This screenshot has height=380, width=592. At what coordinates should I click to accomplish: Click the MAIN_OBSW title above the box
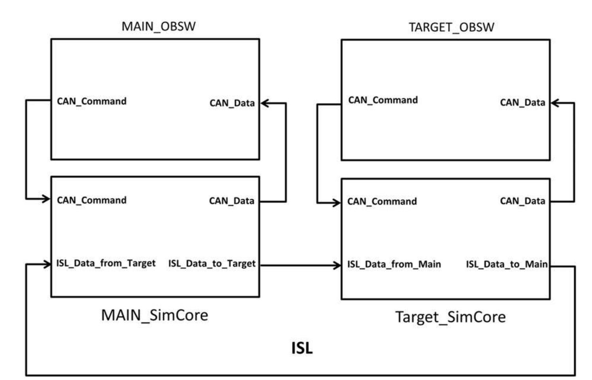tap(158, 26)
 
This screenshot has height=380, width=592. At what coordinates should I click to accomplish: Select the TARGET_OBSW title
tap(451, 27)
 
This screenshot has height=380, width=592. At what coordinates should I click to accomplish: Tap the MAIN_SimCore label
tap(155, 315)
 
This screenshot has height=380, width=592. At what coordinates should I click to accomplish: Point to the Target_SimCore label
tap(451, 317)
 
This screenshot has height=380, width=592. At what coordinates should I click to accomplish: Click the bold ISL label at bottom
tap(302, 348)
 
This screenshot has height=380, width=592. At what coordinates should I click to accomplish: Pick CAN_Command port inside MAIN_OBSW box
tap(92, 102)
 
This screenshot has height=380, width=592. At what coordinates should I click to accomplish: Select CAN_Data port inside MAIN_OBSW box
tap(232, 103)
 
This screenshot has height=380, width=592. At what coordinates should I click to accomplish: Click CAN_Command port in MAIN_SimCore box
tap(92, 200)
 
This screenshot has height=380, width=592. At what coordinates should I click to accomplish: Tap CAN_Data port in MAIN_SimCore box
tap(232, 201)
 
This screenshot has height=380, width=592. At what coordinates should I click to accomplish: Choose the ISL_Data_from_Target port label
tap(106, 263)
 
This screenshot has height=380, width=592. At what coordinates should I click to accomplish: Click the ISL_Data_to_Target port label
tap(212, 264)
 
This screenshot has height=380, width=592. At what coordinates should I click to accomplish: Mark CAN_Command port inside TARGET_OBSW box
tap(383, 100)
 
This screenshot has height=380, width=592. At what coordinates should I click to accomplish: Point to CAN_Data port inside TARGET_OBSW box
tap(522, 103)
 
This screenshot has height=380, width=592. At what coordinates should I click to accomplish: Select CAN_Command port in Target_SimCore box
tap(382, 202)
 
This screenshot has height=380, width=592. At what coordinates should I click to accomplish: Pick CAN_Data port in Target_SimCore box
tap(522, 201)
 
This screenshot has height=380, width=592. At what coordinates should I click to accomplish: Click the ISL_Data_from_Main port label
tap(394, 264)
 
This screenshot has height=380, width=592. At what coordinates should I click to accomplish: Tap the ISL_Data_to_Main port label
tap(507, 264)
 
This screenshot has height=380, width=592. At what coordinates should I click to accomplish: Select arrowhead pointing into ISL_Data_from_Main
tap(337, 265)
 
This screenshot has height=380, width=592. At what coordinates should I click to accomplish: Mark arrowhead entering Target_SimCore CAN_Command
tap(337, 203)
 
